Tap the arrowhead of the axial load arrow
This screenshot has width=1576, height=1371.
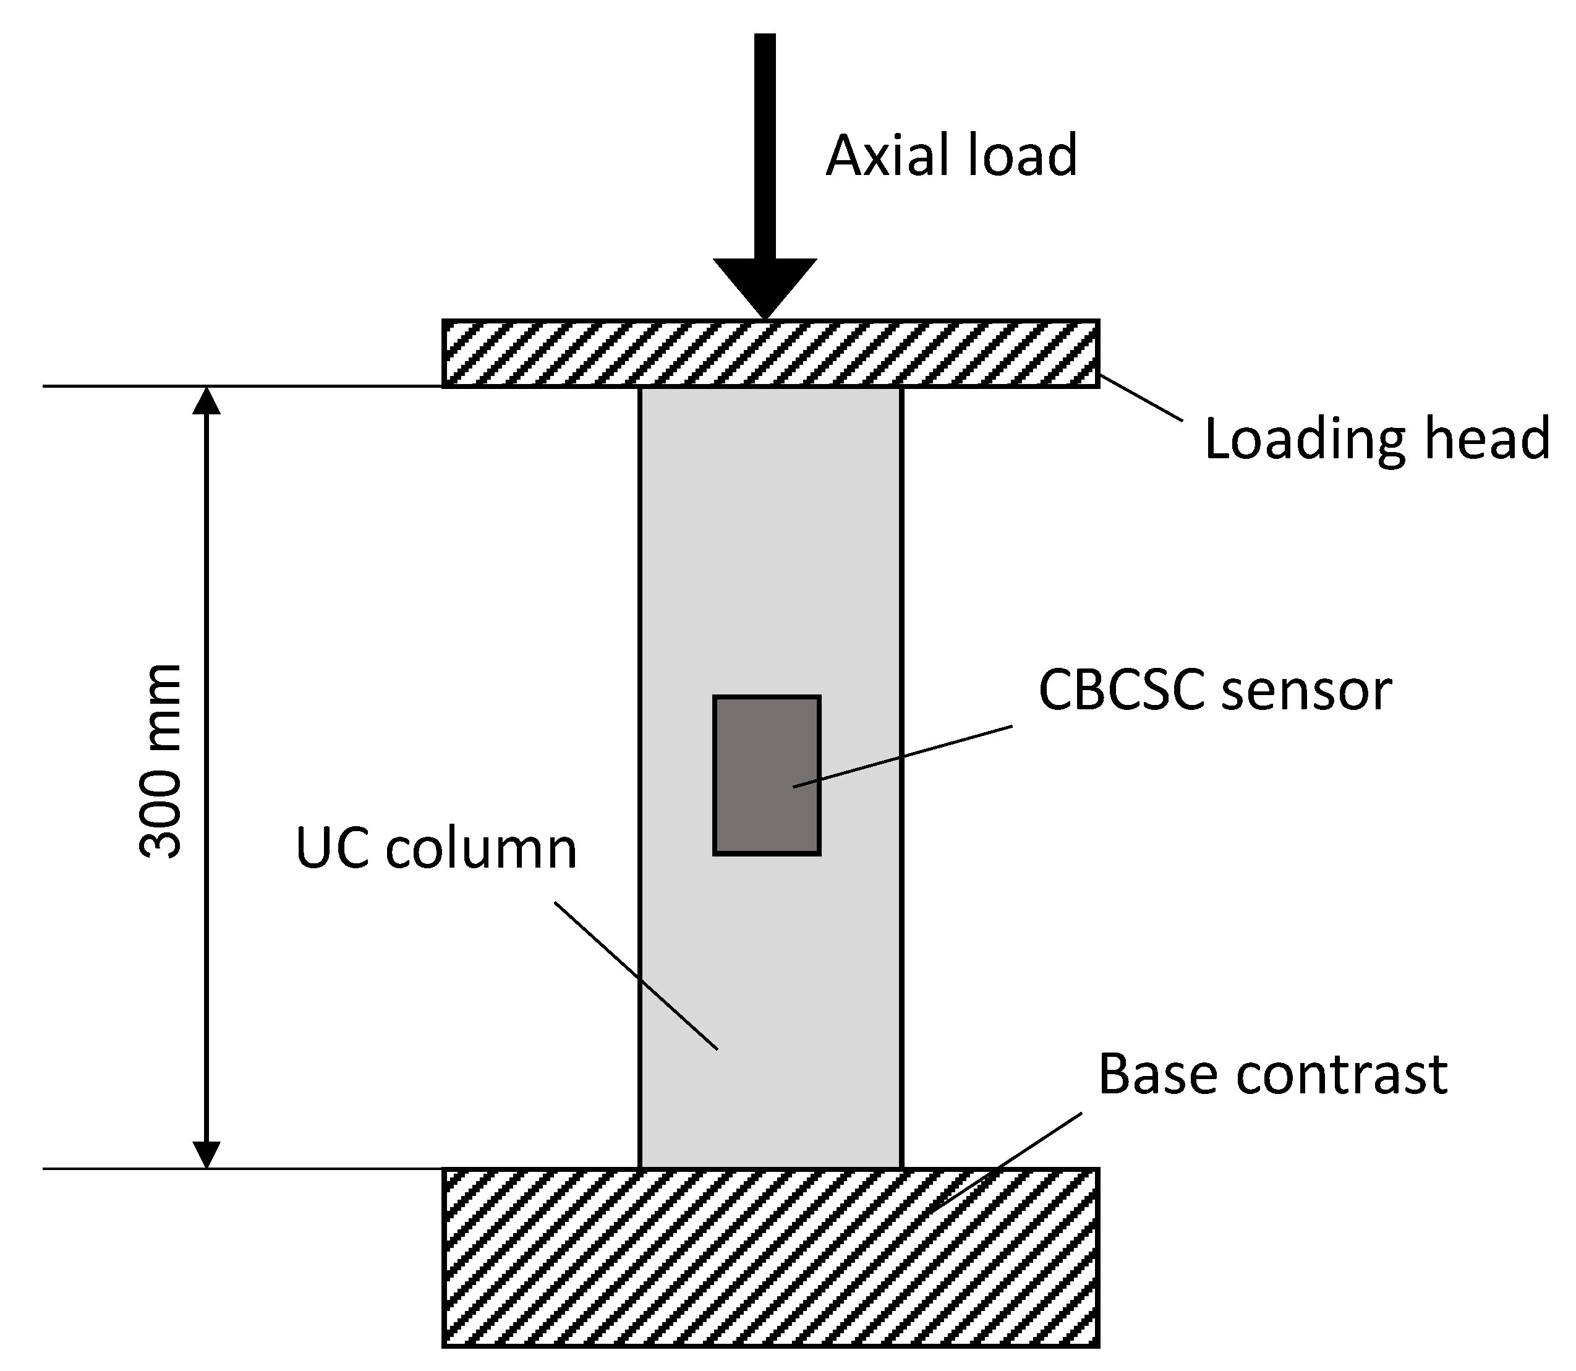(x=765, y=287)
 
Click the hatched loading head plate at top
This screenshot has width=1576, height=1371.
(x=581, y=354)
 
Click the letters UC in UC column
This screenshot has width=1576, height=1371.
(x=332, y=849)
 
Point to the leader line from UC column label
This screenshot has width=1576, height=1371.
(x=635, y=975)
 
